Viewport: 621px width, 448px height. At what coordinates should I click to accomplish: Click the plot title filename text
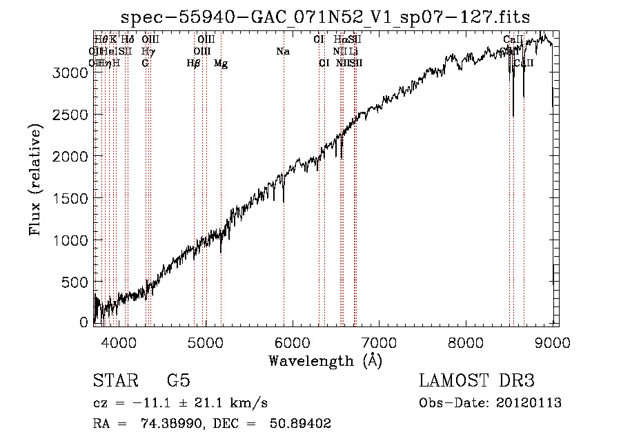(326, 17)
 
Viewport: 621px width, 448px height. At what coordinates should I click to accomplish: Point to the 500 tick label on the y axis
(75, 282)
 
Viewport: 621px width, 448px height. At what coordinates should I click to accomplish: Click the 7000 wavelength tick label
(379, 341)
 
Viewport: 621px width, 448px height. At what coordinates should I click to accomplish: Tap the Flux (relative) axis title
(35, 179)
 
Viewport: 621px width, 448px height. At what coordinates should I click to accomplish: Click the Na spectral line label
(282, 52)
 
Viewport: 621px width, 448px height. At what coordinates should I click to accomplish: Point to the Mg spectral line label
(221, 64)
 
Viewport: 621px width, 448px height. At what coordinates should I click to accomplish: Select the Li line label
(353, 52)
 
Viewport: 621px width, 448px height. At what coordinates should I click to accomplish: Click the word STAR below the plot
(113, 381)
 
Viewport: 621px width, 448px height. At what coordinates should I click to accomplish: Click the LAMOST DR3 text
(477, 381)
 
